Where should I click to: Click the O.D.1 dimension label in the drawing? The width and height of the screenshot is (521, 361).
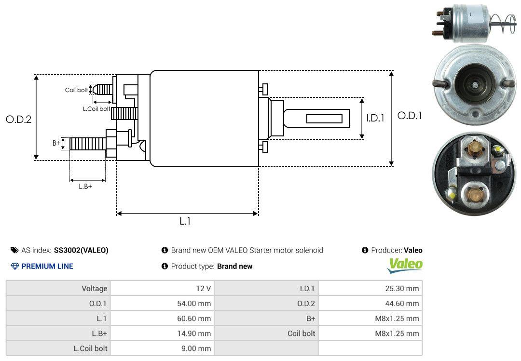(x=409, y=116)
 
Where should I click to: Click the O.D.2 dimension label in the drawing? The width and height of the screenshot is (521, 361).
(x=18, y=120)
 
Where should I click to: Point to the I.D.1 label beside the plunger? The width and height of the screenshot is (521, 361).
(x=375, y=118)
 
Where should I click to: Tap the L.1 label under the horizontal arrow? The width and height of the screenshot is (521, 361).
(x=185, y=221)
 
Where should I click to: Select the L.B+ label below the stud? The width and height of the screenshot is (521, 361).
(x=85, y=187)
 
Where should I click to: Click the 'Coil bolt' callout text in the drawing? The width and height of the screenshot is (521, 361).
(x=76, y=90)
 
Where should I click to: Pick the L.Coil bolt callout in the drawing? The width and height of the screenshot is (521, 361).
(x=96, y=109)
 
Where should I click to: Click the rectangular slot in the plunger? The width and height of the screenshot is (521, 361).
(x=324, y=119)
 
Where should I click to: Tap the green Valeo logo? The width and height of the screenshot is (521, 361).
(x=405, y=264)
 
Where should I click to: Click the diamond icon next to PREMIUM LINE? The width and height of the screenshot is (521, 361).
(x=14, y=266)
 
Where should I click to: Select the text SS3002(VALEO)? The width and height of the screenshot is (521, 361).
(x=81, y=250)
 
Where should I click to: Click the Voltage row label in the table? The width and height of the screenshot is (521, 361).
(x=94, y=289)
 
